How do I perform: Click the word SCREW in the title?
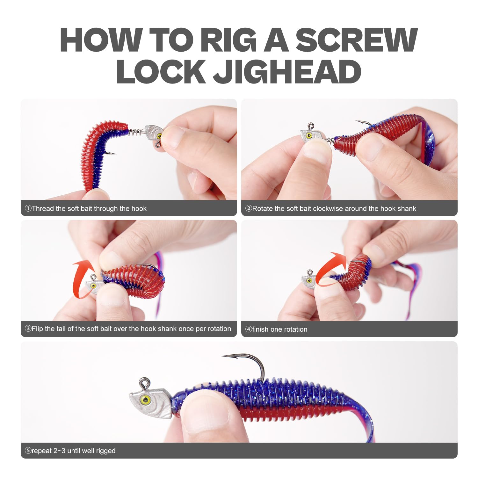(357, 40)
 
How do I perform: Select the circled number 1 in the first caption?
(28, 208)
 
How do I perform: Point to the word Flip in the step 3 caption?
(37, 329)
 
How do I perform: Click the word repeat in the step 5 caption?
(42, 451)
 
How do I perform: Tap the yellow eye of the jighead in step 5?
(146, 399)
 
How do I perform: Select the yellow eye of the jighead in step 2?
(308, 136)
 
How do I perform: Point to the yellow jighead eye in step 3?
(93, 285)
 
